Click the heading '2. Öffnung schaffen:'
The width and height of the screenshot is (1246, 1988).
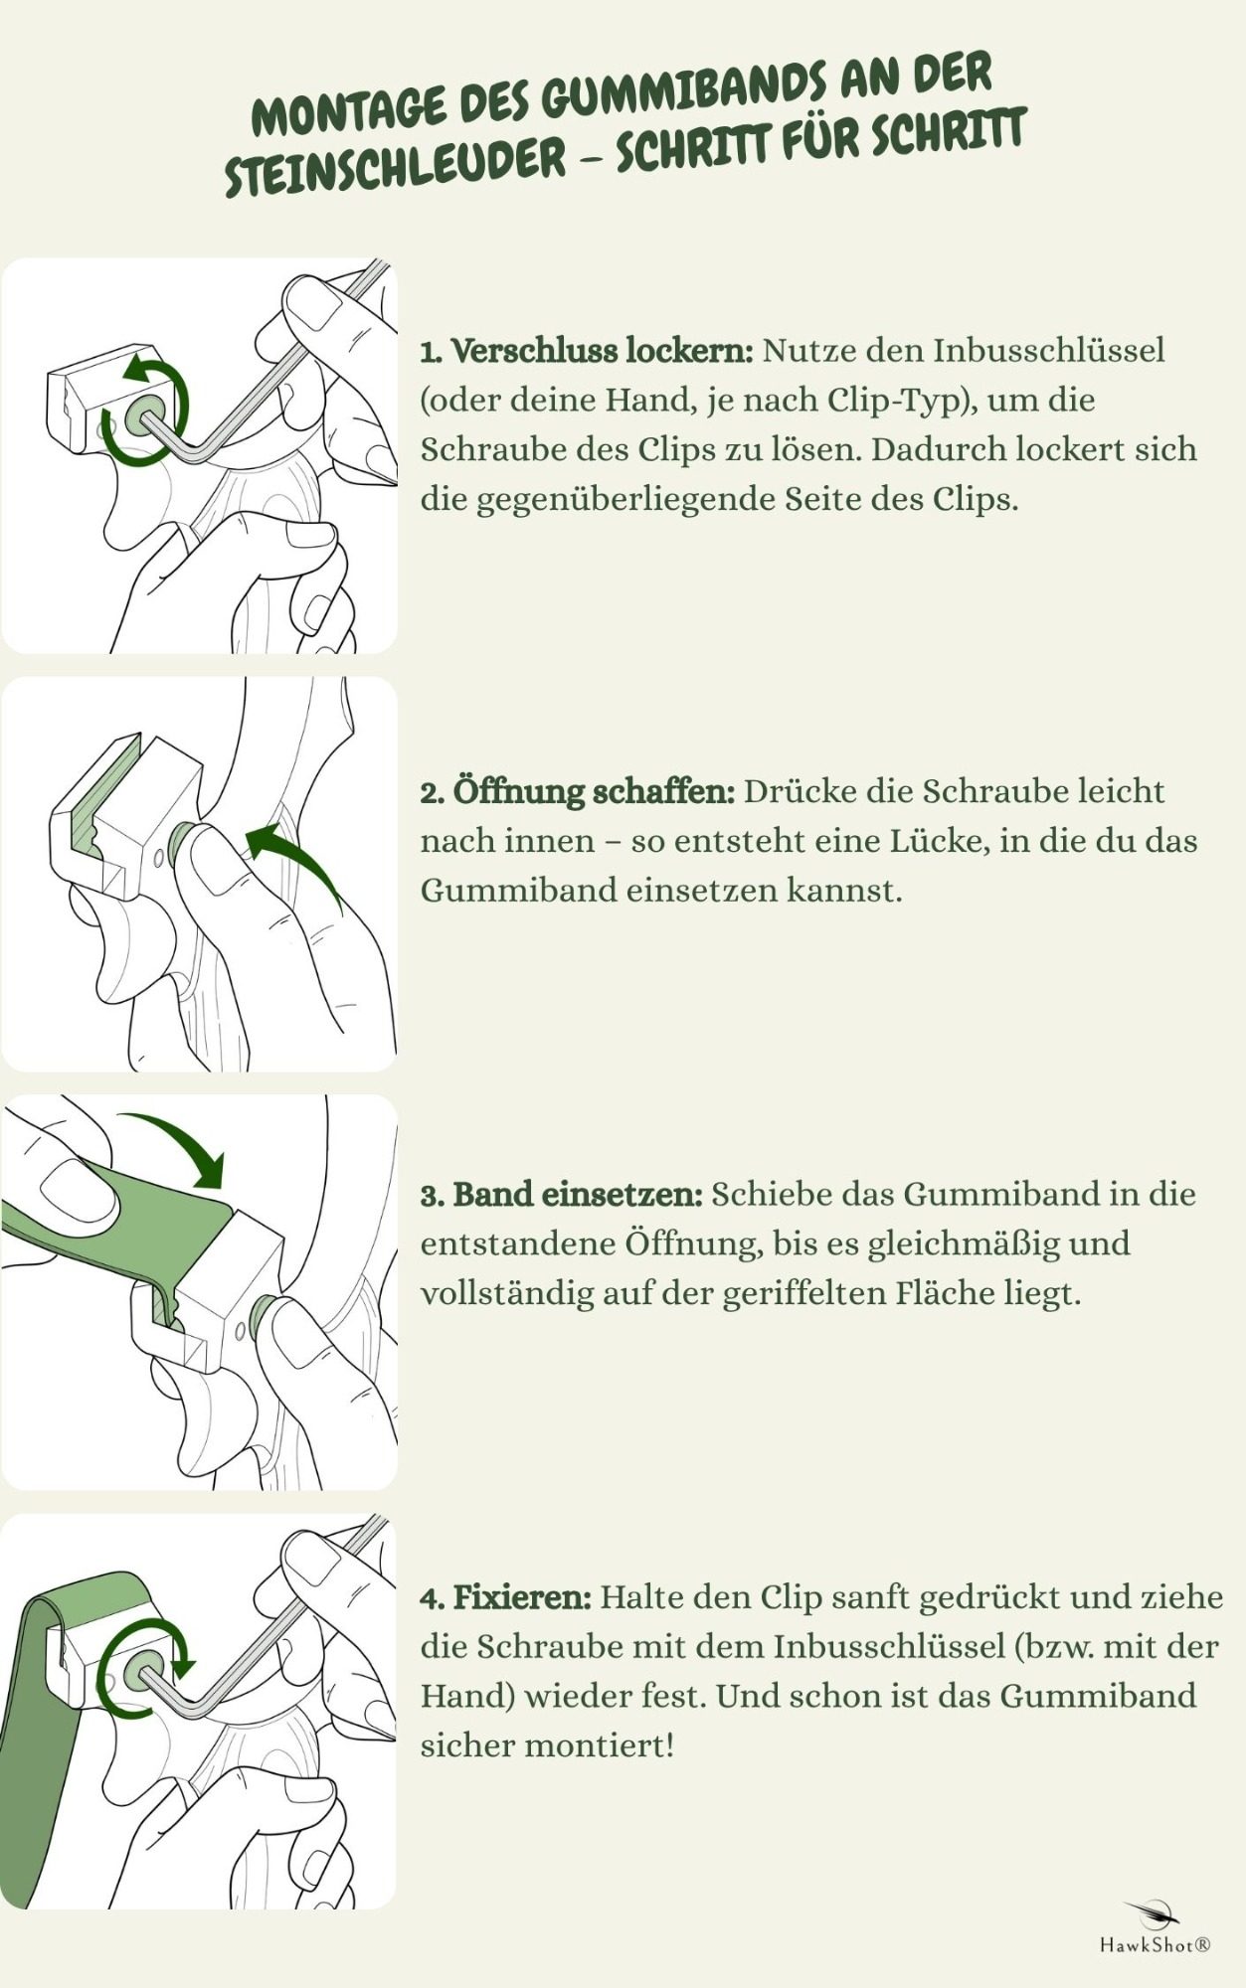coord(578,792)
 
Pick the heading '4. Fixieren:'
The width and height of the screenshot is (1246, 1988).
coord(506,1597)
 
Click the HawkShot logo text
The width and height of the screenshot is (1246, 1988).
coord(1155,1945)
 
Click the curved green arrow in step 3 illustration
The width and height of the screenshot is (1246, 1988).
coord(183,1139)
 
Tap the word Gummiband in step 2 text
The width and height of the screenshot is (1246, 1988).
coord(517,890)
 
